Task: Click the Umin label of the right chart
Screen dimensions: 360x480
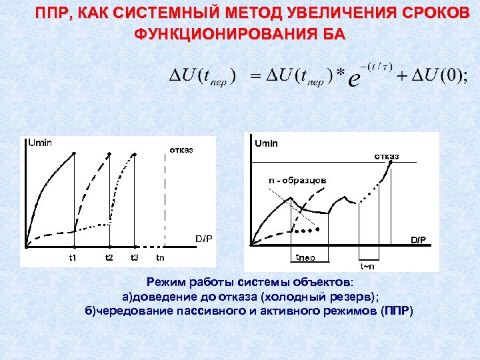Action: tap(267, 143)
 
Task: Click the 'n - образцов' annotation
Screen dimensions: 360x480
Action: tap(297, 179)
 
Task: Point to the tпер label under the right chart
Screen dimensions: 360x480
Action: tap(305, 257)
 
